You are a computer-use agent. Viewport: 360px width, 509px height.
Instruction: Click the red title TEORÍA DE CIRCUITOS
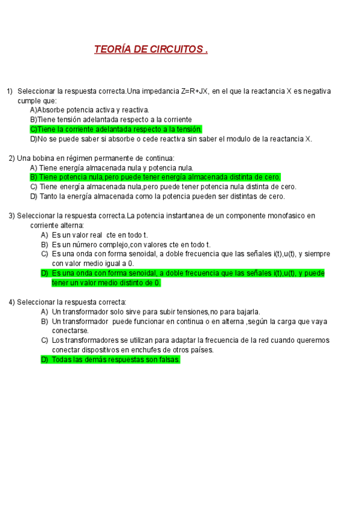151,49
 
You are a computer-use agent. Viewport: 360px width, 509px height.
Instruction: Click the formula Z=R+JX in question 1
194,91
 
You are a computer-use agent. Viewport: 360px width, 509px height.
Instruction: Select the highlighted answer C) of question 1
116,129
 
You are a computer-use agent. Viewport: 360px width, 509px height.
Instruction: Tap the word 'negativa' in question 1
312,91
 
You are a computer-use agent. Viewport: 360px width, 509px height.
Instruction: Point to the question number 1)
10,91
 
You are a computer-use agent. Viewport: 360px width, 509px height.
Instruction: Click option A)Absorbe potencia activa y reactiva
89,110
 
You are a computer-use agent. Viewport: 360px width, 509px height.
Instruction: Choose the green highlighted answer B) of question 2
155,177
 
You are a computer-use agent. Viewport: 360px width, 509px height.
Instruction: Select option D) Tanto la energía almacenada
157,196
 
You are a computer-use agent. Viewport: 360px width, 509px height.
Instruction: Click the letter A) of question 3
44,235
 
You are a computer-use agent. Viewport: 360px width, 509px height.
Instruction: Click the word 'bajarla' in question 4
245,312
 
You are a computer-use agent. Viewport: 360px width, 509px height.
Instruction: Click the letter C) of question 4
44,340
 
